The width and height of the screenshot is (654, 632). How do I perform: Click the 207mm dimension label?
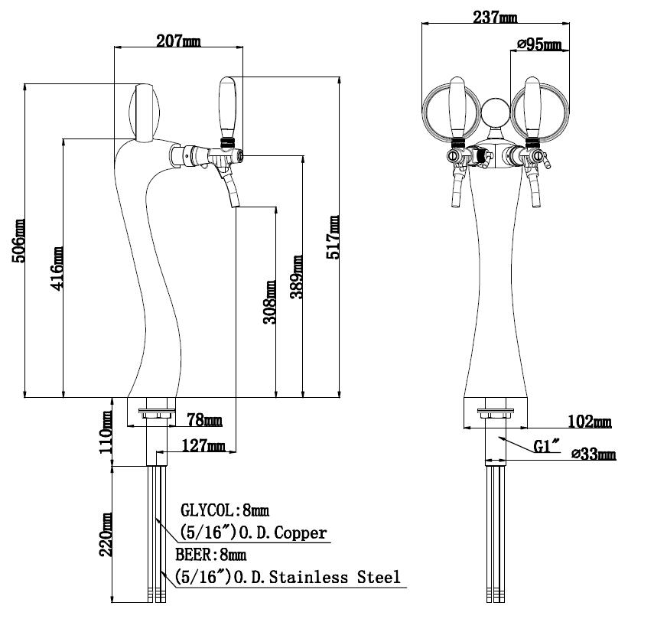click(x=178, y=41)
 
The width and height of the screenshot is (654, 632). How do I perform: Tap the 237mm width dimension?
click(x=495, y=17)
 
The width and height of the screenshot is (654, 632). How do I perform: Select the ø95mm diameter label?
click(x=539, y=44)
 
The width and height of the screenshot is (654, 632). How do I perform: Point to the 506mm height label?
click(x=19, y=241)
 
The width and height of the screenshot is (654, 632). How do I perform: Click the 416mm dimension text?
click(x=57, y=269)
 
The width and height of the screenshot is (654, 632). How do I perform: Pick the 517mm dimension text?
click(x=333, y=237)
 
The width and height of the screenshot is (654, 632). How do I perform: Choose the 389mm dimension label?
click(x=296, y=277)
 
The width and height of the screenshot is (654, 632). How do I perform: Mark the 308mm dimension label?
click(x=269, y=302)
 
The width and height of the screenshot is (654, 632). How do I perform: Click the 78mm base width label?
click(x=204, y=419)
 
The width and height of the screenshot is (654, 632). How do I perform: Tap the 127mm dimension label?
click(x=203, y=445)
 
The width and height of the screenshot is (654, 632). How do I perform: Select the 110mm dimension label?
click(x=105, y=432)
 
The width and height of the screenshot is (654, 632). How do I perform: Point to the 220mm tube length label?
click(x=106, y=534)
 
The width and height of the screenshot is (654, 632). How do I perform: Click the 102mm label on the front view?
click(x=590, y=422)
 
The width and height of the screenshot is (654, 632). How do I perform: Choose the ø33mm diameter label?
click(x=594, y=454)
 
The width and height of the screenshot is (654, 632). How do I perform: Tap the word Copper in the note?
click(x=301, y=533)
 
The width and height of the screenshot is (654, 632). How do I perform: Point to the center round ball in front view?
click(x=495, y=112)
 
